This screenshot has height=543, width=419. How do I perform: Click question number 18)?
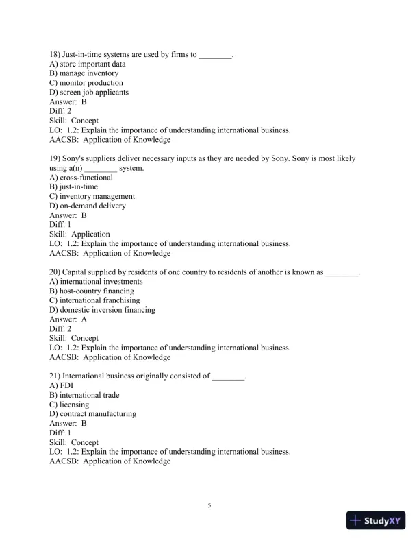click(55, 54)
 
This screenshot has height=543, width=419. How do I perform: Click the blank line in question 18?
click(216, 55)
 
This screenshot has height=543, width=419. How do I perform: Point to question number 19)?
click(55, 158)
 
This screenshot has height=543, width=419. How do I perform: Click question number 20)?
click(55, 272)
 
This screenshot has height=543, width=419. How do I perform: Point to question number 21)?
click(55, 376)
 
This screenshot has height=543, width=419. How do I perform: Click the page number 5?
click(209, 506)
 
